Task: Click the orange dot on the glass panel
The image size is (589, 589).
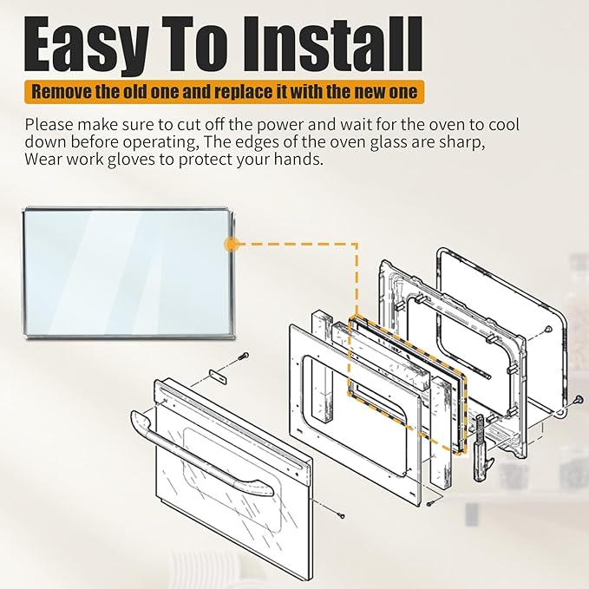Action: pos(231,245)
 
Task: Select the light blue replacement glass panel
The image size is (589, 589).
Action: pos(128,273)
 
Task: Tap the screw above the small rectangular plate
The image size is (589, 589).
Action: pos(244,356)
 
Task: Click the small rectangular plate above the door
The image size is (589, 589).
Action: pos(219,376)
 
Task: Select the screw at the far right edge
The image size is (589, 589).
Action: pos(577,400)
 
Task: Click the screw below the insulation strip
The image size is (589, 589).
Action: pos(431,502)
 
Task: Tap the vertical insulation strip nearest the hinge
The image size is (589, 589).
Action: pos(442,432)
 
